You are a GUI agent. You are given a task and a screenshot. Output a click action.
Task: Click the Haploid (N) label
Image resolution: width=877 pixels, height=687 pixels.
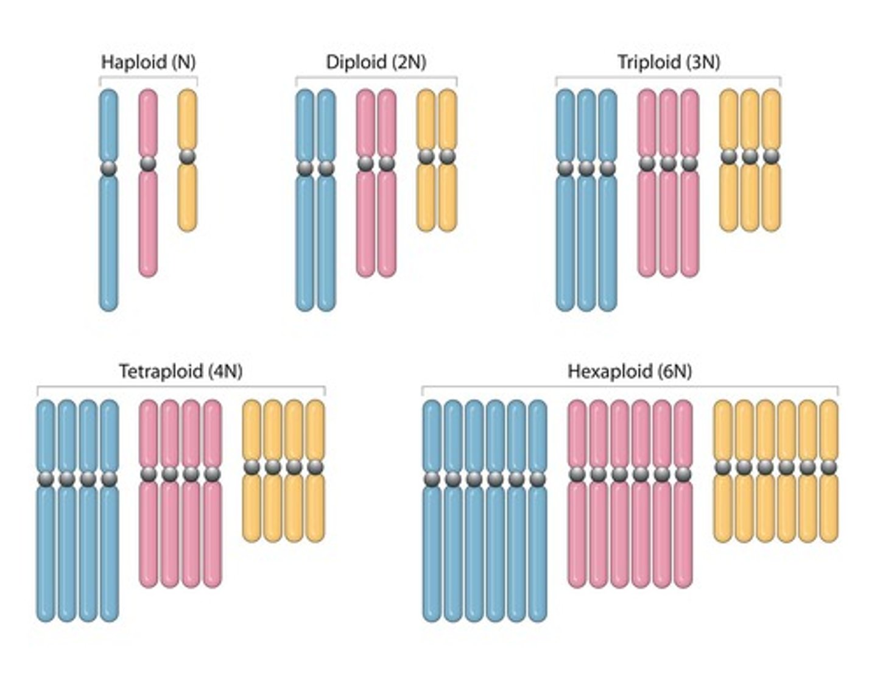pyautogui.click(x=148, y=62)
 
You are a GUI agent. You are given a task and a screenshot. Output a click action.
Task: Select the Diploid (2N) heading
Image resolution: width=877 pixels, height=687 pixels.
pyautogui.click(x=376, y=62)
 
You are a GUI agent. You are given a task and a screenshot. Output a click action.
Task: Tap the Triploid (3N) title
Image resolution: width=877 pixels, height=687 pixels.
pyautogui.click(x=668, y=62)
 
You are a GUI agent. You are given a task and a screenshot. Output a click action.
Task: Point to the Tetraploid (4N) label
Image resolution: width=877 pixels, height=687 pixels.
pyautogui.click(x=180, y=371)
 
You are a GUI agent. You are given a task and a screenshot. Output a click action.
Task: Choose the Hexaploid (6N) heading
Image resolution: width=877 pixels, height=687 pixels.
pyautogui.click(x=629, y=371)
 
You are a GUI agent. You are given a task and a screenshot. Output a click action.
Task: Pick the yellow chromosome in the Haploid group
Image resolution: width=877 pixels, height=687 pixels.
pyautogui.click(x=188, y=195)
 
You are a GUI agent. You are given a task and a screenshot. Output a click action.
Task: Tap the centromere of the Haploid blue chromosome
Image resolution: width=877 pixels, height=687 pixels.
pyautogui.click(x=108, y=168)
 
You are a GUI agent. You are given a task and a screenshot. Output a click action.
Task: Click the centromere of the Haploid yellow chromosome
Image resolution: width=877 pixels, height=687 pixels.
pyautogui.click(x=188, y=157)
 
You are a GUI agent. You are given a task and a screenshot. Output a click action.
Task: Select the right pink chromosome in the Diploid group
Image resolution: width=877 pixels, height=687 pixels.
pyautogui.click(x=387, y=225)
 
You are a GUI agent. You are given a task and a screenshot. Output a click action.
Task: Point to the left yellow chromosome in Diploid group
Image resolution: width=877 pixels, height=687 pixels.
pyautogui.click(x=426, y=195)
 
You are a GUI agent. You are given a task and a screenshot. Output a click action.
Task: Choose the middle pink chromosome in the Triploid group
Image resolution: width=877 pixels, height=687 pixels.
pyautogui.click(x=668, y=225)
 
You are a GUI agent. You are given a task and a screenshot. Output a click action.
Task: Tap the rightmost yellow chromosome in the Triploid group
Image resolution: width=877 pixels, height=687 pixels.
pyautogui.click(x=771, y=195)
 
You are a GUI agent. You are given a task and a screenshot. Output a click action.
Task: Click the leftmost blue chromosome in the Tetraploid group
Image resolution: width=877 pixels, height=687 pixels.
pyautogui.click(x=46, y=548)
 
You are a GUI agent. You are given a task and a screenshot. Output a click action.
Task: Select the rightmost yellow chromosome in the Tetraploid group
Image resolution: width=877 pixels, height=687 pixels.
pyautogui.click(x=315, y=506)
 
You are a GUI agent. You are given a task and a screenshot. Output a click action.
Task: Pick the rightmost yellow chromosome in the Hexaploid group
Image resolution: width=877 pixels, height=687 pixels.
pyautogui.click(x=828, y=506)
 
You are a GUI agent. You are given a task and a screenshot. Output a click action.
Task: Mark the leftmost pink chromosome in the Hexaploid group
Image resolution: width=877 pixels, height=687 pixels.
pyautogui.click(x=577, y=536)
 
